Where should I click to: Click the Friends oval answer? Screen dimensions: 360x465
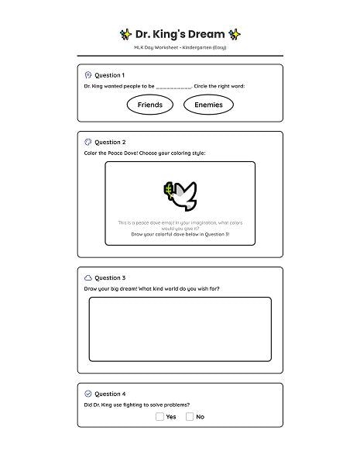pyautogui.click(x=149, y=105)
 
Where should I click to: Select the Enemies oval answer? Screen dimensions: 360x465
pyautogui.click(x=208, y=105)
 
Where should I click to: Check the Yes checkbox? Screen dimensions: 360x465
pyautogui.click(x=159, y=416)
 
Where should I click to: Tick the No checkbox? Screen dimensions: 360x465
pyautogui.click(x=190, y=416)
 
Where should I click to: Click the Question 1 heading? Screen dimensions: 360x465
pyautogui.click(x=109, y=75)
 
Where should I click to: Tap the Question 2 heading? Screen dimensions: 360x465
pyautogui.click(x=109, y=143)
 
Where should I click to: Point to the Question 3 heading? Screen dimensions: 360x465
pyautogui.click(x=109, y=277)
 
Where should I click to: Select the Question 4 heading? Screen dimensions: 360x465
pyautogui.click(x=109, y=394)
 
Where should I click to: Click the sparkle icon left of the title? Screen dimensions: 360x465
pyautogui.click(x=125, y=34)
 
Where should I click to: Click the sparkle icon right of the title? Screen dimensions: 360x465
pyautogui.click(x=235, y=34)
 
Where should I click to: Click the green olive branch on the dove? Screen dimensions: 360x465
pyautogui.click(x=167, y=190)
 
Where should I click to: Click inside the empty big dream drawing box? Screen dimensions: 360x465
pyautogui.click(x=180, y=329)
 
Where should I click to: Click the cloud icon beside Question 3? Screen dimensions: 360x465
pyautogui.click(x=88, y=277)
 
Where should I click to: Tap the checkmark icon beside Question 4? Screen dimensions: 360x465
pyautogui.click(x=88, y=394)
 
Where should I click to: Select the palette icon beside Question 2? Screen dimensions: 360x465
pyautogui.click(x=88, y=143)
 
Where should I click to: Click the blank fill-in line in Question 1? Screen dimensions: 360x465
pyautogui.click(x=174, y=87)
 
